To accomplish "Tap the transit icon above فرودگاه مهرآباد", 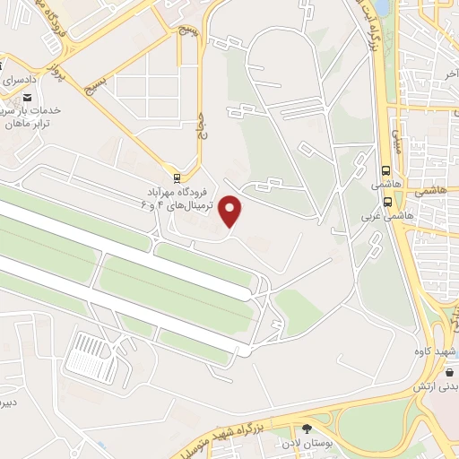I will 177,177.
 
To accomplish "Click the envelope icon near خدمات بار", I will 27,98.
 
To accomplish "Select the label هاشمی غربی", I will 395,216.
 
